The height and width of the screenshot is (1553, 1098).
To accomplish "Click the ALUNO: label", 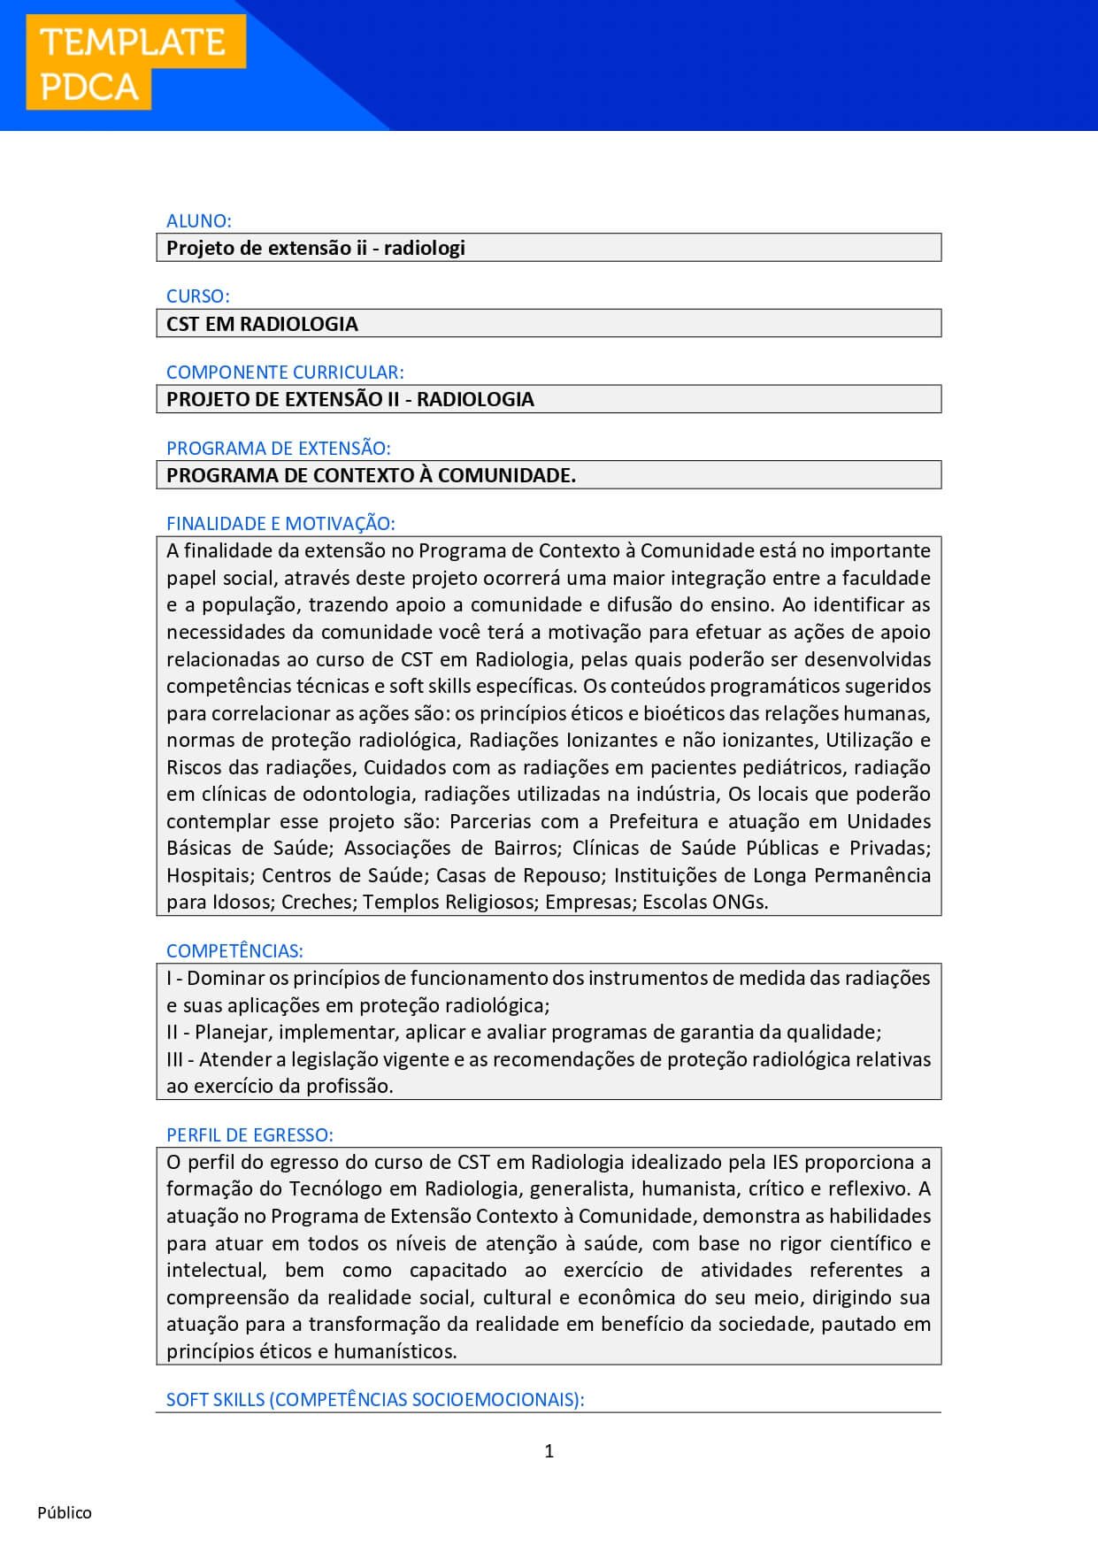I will [198, 220].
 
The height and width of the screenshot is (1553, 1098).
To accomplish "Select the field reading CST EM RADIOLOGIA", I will [549, 324].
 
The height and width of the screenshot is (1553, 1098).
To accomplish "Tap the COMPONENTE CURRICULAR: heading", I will [285, 372].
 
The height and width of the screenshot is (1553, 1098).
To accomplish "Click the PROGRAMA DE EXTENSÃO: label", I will [278, 448].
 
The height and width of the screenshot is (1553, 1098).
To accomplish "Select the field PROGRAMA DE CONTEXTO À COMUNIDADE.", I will [549, 475].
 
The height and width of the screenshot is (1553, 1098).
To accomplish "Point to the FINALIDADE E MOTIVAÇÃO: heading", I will [280, 523].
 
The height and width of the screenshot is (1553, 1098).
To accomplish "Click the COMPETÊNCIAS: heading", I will [234, 950].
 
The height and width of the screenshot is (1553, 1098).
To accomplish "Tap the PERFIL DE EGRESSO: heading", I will [250, 1134].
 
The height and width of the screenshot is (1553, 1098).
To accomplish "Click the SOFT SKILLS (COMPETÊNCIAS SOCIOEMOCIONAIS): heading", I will [375, 1399].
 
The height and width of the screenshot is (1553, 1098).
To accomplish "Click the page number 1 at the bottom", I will [549, 1450].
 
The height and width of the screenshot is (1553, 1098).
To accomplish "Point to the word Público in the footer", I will [65, 1512].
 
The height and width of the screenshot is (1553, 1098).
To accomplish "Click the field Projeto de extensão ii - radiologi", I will [549, 248].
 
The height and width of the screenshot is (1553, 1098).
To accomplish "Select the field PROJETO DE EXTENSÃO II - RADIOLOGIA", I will [549, 399].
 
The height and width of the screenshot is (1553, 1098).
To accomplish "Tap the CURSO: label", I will [197, 296].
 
